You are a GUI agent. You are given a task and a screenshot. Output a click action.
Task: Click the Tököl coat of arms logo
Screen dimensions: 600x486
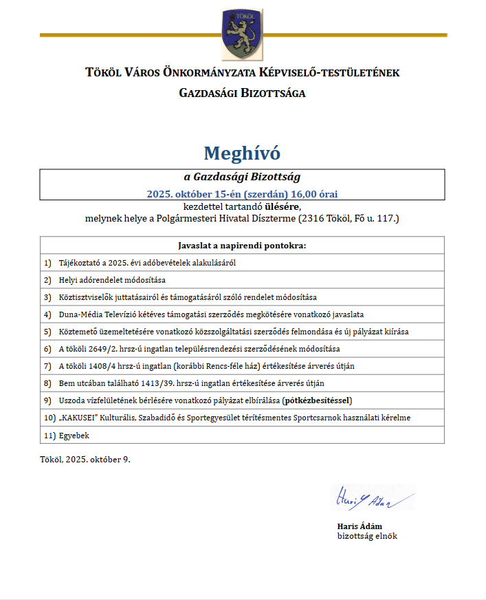coord(242,34)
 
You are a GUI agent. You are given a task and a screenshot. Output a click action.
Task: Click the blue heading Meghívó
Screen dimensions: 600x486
coord(242,153)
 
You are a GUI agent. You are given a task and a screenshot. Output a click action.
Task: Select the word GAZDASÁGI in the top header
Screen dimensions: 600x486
coord(209,93)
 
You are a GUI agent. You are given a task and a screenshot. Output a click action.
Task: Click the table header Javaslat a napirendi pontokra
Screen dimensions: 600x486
coord(242,245)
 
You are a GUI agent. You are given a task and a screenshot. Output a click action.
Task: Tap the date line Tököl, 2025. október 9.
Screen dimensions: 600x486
coord(85,460)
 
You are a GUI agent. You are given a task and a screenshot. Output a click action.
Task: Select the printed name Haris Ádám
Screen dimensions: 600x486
coord(355,526)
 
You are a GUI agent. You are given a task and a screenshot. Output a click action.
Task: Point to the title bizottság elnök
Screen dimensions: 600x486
coord(366,536)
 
